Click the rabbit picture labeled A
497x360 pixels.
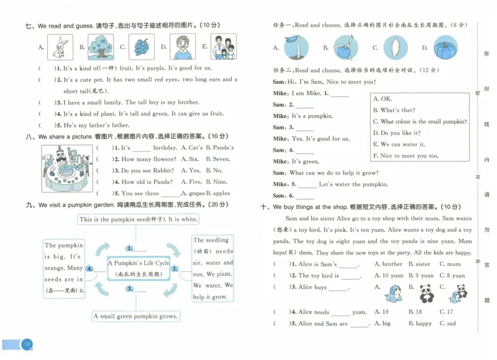[x=60, y=47]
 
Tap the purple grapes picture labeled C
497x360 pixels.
[x=142, y=47]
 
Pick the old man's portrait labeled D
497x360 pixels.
[x=182, y=47]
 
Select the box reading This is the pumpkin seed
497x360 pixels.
[x=138, y=219]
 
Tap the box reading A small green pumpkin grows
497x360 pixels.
[x=136, y=316]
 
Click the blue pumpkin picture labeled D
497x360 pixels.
[x=445, y=48]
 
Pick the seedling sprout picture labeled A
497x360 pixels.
[x=296, y=48]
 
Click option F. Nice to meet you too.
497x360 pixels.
[x=405, y=155]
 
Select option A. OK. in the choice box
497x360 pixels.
[x=382, y=99]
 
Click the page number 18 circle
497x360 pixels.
[x=27, y=344]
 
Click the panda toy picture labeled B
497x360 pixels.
[x=425, y=292]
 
